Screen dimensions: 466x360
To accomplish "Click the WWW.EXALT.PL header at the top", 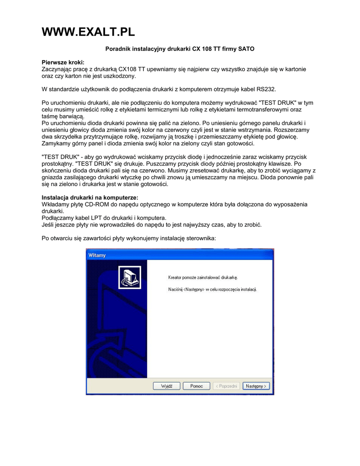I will [x=88, y=32].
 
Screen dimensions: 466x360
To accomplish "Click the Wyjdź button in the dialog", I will [x=167, y=386].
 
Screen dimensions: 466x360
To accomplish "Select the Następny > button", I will [x=256, y=386].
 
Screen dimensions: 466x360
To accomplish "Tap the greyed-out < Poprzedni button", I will [x=226, y=386].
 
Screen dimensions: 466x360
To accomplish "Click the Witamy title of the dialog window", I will [x=97, y=255].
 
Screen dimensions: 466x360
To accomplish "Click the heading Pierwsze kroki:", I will [x=63, y=62].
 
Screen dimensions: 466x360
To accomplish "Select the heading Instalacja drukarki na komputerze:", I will [x=90, y=198].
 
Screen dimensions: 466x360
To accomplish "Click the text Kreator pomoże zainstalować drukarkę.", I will [x=203, y=277].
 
